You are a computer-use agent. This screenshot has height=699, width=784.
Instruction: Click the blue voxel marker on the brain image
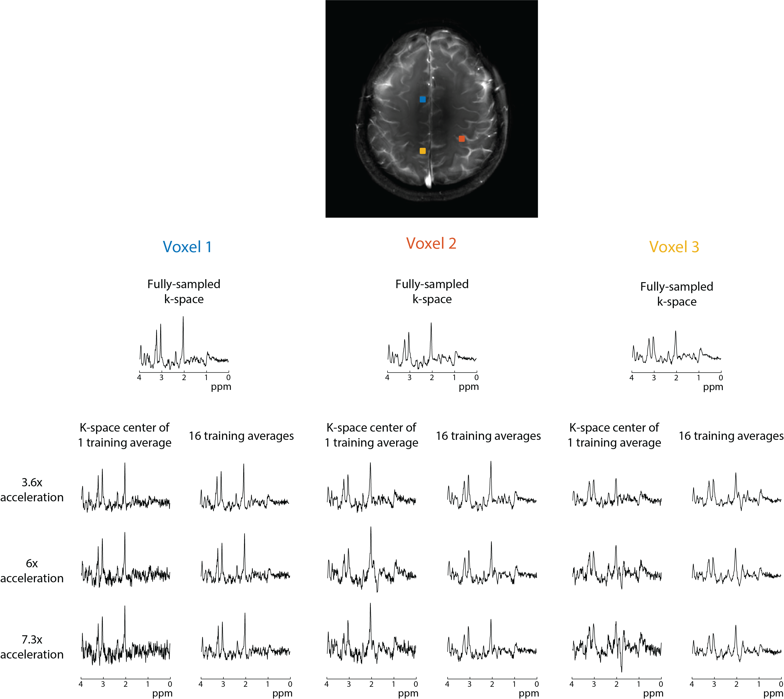coord(422,99)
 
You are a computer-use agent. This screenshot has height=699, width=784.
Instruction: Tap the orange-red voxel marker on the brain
coord(461,139)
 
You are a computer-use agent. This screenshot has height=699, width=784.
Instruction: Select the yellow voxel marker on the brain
coord(422,151)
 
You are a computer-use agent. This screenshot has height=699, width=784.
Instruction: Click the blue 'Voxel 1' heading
coord(187,247)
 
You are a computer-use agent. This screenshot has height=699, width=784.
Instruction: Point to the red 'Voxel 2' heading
coord(431,243)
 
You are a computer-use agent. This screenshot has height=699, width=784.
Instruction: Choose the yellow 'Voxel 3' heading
coord(674,247)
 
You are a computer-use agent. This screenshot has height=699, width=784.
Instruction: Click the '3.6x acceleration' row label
coord(32,490)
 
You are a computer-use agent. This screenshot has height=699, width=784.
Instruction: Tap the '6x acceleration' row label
coord(32,571)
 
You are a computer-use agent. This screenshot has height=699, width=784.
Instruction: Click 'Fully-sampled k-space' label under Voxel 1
coord(184,291)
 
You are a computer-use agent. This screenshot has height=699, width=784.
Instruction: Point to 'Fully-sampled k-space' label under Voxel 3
coord(677,294)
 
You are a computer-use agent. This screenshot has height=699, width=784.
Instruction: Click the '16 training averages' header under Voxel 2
coord(488,436)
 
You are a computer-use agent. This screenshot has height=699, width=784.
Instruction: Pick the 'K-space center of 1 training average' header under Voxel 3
coord(614,435)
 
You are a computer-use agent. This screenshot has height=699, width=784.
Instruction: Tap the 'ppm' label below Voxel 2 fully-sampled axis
coord(469,387)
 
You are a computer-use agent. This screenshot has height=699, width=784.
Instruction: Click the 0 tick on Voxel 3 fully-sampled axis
coord(721,378)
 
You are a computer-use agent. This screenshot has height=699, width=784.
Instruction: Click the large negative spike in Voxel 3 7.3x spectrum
coord(622,671)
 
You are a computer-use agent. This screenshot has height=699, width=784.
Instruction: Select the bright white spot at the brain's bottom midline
coord(428,181)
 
